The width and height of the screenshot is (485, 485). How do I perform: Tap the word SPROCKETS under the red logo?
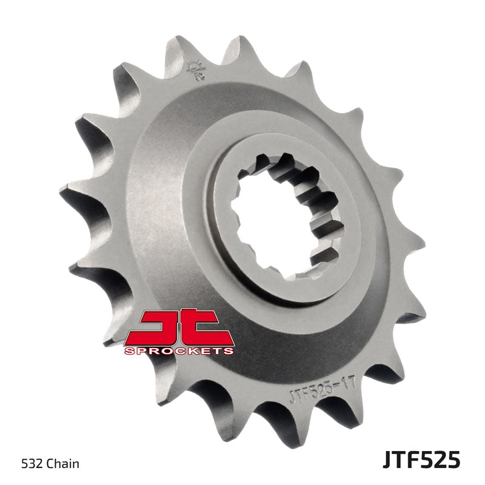coord(179,350)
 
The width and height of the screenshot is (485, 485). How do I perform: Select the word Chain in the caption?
coord(65,464)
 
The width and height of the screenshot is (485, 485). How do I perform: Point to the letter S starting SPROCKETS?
coord(128,350)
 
